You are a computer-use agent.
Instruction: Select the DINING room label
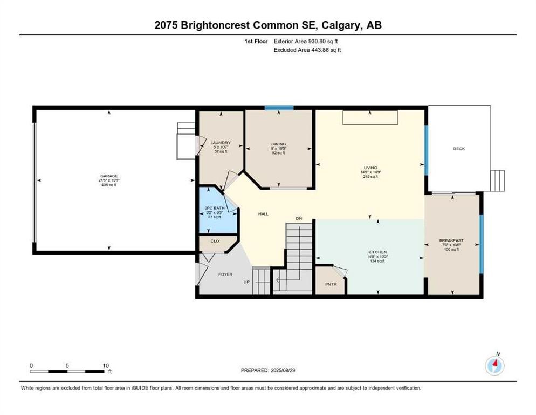coord(278,144)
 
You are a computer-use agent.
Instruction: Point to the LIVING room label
coord(370,168)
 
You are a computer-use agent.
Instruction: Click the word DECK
coord(458,149)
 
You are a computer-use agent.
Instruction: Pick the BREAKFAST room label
coord(451,240)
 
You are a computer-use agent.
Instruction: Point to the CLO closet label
coord(215,241)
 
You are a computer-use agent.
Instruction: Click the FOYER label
coord(225,275)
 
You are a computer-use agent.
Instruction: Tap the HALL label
coord(263,214)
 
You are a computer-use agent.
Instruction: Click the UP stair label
coord(246,282)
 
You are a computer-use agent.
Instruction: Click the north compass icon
coord(494,366)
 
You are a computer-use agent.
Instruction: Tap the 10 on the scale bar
coord(106,365)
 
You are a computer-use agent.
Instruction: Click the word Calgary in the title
coord(340,25)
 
